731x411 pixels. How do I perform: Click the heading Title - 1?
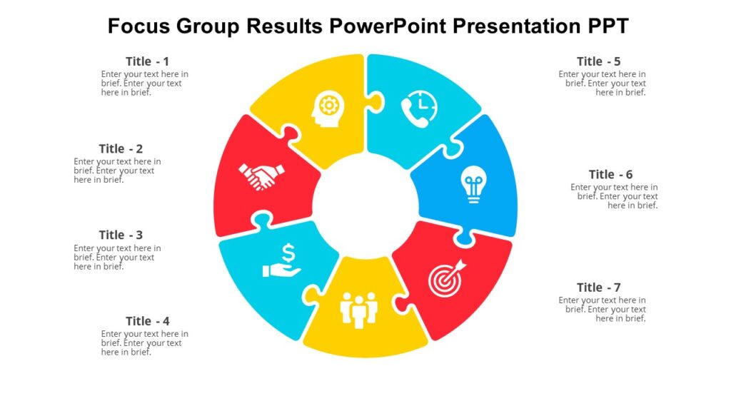(x=147, y=61)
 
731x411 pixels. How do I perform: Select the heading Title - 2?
(x=121, y=148)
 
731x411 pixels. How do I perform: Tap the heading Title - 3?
(x=121, y=235)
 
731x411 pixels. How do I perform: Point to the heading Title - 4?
(x=147, y=321)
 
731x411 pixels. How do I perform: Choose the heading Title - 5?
(x=598, y=61)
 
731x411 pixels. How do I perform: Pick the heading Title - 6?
(x=610, y=174)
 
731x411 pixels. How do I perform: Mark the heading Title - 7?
(x=598, y=288)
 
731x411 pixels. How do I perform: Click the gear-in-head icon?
(x=328, y=108)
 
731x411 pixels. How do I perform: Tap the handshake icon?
(x=261, y=176)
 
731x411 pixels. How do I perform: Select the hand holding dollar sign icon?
(x=283, y=261)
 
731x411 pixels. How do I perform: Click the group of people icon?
(x=358, y=308)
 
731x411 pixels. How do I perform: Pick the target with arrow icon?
(x=447, y=278)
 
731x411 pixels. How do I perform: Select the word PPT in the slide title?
(x=608, y=26)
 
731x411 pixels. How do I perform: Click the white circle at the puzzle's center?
(x=365, y=205)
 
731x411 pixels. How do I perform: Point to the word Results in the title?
(x=284, y=26)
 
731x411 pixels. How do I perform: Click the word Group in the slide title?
(x=211, y=26)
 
